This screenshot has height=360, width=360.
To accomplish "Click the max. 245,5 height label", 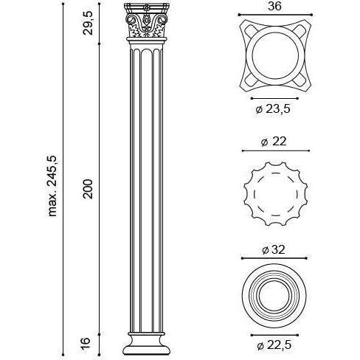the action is click(x=52, y=186).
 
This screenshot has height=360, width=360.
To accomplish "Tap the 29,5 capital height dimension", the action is click(x=88, y=23).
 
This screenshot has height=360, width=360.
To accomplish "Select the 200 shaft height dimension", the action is click(x=88, y=189).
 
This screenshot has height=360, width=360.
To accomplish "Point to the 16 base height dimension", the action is click(x=86, y=343).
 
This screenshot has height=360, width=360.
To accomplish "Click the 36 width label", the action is click(x=274, y=6).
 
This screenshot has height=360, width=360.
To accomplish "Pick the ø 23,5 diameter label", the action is click(x=273, y=109).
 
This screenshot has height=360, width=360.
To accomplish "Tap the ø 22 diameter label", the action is click(x=274, y=142).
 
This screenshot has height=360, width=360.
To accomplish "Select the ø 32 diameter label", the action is click(x=274, y=250).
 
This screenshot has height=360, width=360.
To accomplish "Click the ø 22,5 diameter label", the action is click(x=274, y=345).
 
